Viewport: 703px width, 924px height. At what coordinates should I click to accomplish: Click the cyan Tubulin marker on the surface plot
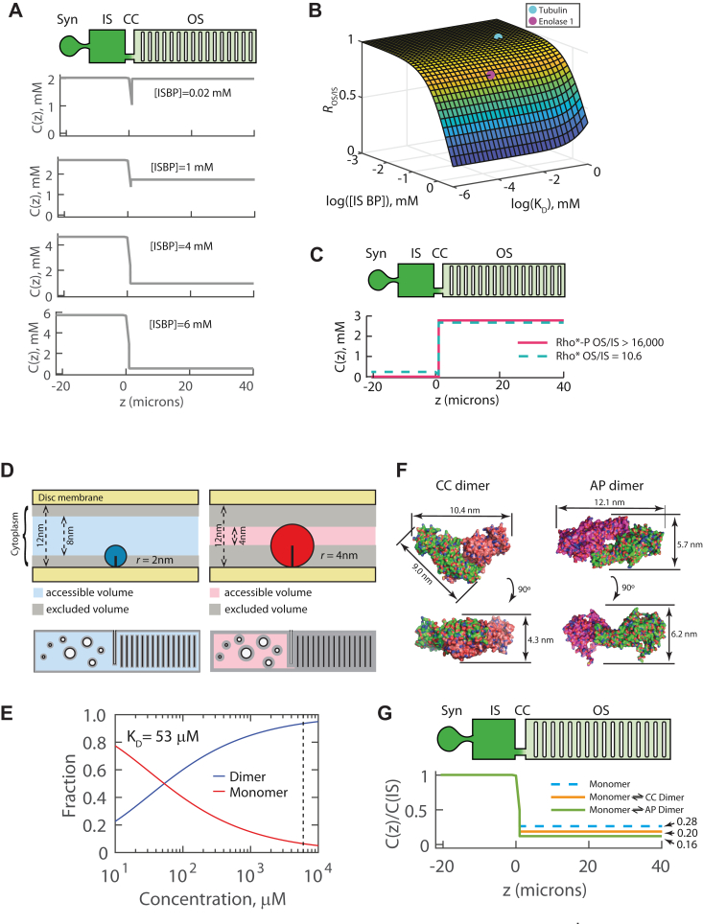coord(498,37)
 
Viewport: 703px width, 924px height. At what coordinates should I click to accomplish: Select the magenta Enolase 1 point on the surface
coord(489,74)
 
